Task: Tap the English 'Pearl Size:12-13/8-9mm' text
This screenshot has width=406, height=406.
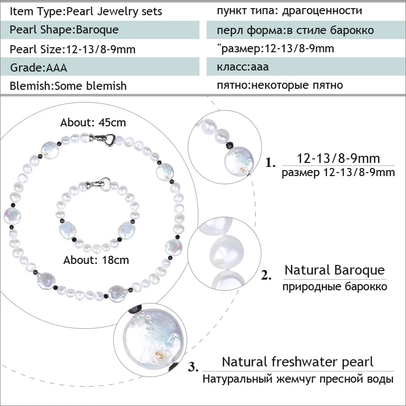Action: (72, 49)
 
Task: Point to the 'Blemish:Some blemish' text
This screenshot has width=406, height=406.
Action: (68, 86)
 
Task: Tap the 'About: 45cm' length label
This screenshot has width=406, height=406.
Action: (93, 123)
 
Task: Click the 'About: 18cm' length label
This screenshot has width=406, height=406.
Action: (96, 260)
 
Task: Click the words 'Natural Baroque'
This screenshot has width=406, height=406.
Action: (334, 270)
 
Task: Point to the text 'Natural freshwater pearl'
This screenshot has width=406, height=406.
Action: (297, 362)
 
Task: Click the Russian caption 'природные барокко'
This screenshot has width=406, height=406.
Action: (335, 287)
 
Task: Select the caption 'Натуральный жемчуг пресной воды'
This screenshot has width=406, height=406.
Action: (298, 379)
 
